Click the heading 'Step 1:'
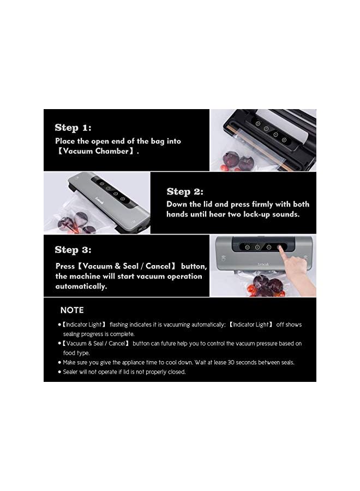[x=73, y=128]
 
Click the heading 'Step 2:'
[x=185, y=191]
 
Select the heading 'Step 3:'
[x=73, y=250]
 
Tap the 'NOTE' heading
[x=71, y=310]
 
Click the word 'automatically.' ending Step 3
[x=81, y=286]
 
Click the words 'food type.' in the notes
[x=76, y=352]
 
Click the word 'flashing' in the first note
[x=123, y=325]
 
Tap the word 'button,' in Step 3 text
[x=193, y=267]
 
